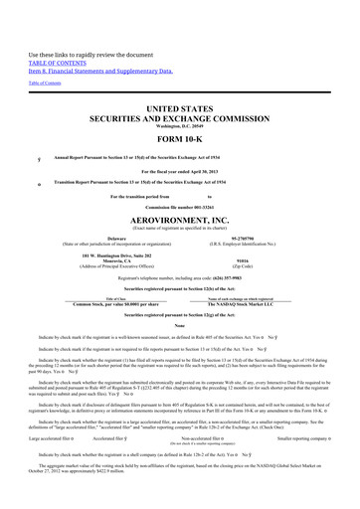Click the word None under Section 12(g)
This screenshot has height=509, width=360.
(180, 325)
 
